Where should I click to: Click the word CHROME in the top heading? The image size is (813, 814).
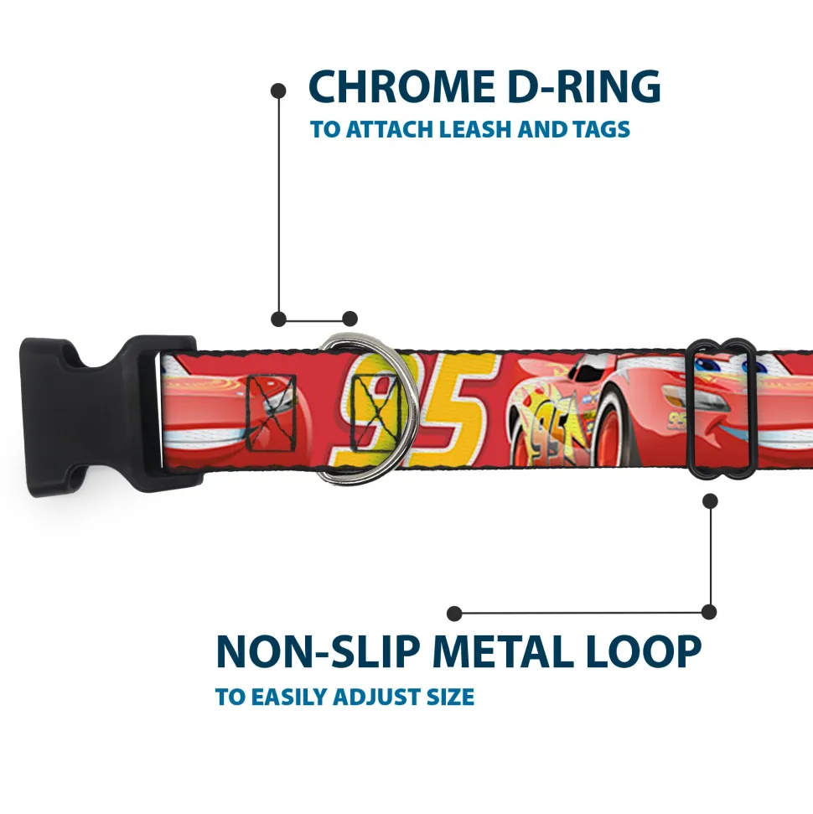401,86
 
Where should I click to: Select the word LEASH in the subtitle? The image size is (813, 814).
475,129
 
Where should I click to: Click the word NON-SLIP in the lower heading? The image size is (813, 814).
318,651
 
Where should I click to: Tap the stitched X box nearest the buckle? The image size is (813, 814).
272,412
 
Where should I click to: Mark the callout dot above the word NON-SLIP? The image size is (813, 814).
454,614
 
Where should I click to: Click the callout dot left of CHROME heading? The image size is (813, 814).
278,91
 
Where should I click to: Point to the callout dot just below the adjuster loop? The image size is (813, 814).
710,501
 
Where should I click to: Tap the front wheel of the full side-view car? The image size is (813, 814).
609,433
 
